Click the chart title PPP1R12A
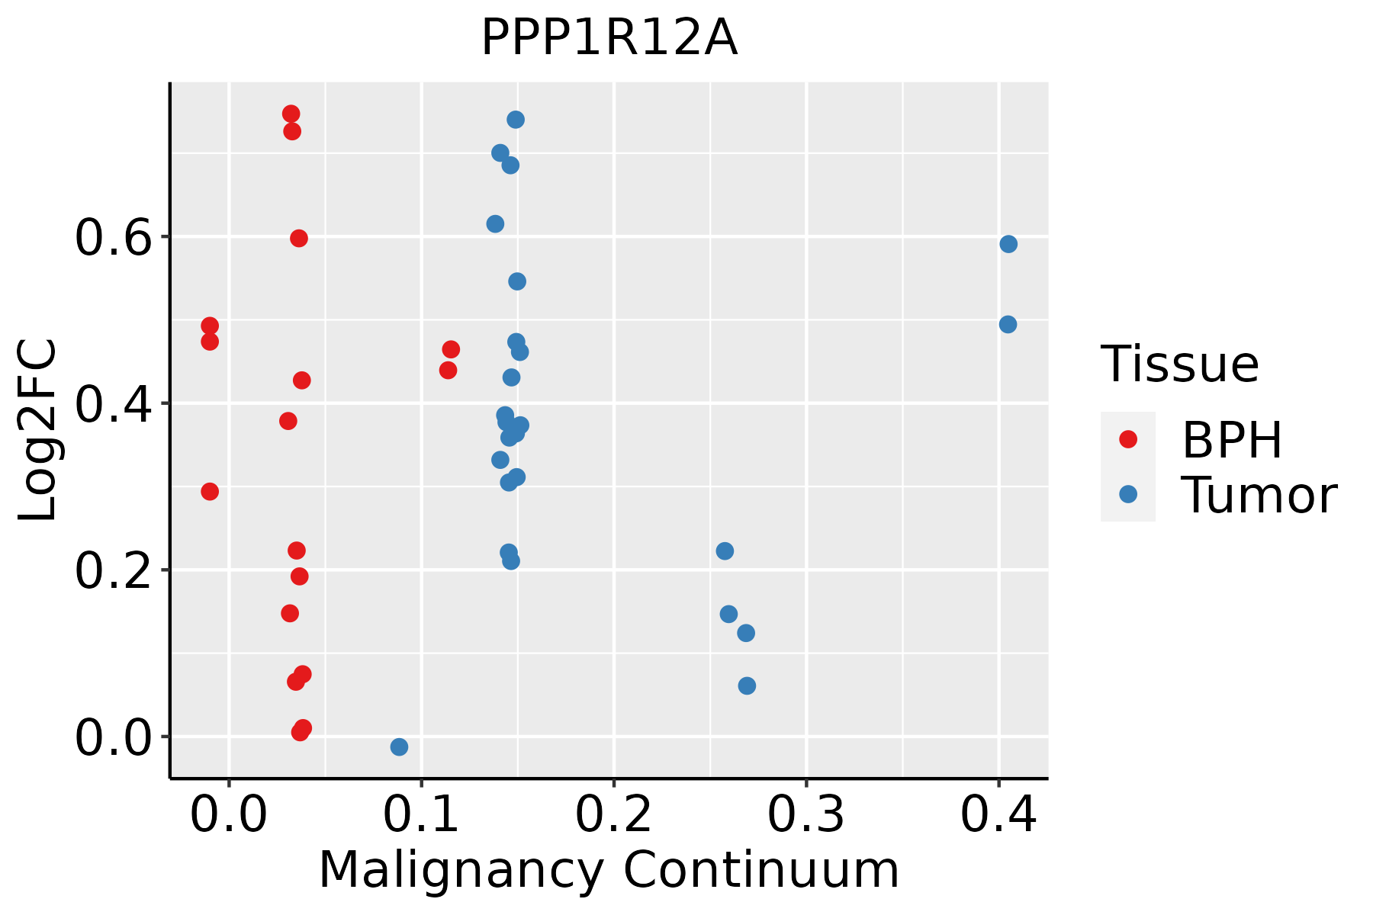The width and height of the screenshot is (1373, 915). click(609, 38)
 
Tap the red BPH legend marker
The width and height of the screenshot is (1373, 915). click(1127, 439)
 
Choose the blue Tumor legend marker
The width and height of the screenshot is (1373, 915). click(1127, 494)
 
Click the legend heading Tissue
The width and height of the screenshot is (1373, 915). click(1179, 364)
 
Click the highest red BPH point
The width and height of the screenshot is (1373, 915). click(291, 114)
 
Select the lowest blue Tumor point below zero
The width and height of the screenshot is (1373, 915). click(399, 746)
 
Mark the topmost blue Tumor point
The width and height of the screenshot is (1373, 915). click(516, 120)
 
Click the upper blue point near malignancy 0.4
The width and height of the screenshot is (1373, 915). click(1008, 244)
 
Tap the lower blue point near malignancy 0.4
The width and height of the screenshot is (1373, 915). click(1008, 324)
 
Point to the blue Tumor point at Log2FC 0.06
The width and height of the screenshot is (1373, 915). click(747, 685)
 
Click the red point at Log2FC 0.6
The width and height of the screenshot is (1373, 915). click(299, 239)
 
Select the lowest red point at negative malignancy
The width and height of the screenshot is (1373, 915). click(210, 491)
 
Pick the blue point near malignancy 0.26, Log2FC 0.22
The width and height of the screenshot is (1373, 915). click(725, 551)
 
